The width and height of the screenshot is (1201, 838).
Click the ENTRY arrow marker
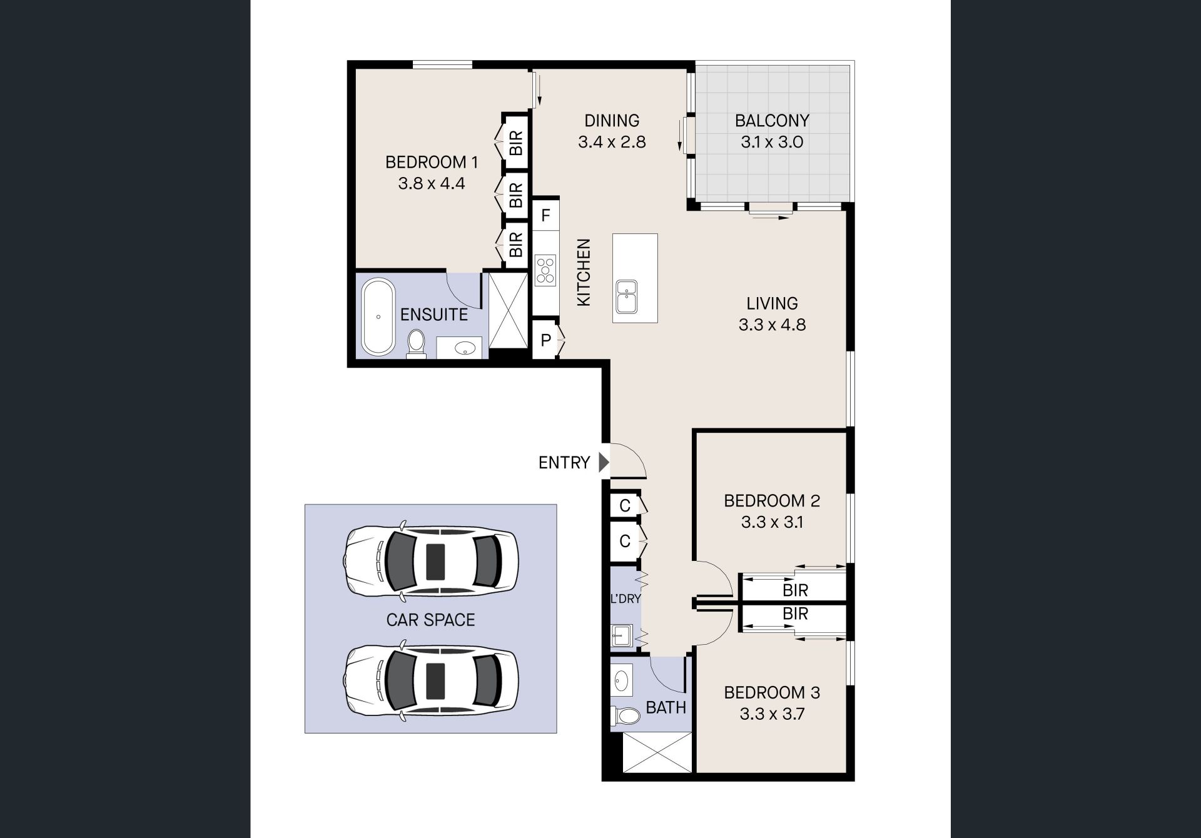click(x=604, y=462)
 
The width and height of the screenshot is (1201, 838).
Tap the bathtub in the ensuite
click(x=378, y=318)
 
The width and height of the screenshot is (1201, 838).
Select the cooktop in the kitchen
click(x=545, y=270)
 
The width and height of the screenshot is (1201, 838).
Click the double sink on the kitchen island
click(x=626, y=296)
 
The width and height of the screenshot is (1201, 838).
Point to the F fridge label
click(x=545, y=216)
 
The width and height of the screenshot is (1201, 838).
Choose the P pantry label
click(x=545, y=341)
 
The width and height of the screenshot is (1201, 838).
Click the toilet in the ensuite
click(x=415, y=345)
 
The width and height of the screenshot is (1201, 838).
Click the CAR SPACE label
click(x=431, y=620)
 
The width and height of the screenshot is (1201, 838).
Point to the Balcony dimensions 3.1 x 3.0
click(x=772, y=142)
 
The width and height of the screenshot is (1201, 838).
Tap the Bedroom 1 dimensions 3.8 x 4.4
click(x=432, y=184)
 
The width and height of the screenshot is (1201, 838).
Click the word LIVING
click(x=772, y=303)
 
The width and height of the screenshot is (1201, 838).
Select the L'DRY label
click(x=626, y=598)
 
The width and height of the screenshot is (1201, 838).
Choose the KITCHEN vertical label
click(x=584, y=273)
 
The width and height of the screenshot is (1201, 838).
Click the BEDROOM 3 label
click(x=772, y=692)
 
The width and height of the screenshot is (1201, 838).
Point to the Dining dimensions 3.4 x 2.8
click(x=612, y=142)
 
